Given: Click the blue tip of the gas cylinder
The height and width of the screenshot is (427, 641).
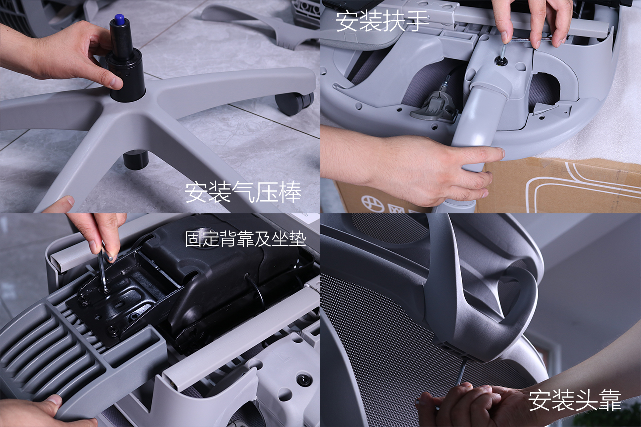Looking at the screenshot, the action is [118, 20].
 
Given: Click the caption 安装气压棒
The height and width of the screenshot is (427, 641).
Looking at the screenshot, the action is [243, 192].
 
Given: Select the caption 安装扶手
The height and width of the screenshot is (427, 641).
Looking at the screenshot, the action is [382, 21].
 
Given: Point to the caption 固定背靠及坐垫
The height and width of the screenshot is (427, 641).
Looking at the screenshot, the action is [245, 239].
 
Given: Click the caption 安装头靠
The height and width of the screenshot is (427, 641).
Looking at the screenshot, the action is [575, 400].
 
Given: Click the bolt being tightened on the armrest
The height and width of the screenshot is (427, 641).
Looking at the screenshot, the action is [501, 60].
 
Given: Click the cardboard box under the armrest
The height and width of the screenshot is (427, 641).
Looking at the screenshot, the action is [558, 186].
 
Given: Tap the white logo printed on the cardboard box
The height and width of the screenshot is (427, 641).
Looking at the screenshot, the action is [372, 204].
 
